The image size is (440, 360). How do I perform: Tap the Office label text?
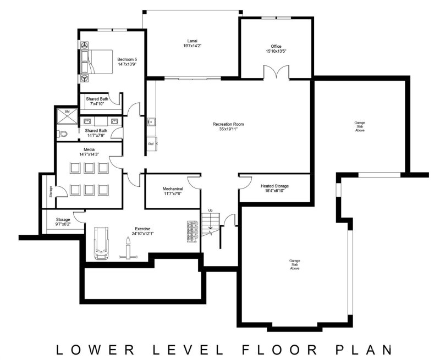tap(276, 46)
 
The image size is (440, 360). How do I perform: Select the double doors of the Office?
tap(276, 73)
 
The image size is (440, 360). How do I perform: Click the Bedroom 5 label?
tap(127, 59)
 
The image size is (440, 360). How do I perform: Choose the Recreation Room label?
tap(228, 124)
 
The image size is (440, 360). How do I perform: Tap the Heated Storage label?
tap(274, 186)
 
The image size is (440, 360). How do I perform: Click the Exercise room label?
tap(142, 228)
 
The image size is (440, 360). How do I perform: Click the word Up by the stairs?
tap(210, 211)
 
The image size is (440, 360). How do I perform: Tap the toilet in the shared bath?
tap(63, 133)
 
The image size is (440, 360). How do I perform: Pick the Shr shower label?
tap(67, 112)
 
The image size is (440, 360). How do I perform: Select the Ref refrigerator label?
tap(150, 144)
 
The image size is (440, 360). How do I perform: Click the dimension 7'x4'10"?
tap(96, 104)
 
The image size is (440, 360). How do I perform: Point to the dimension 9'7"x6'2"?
tap(63, 224)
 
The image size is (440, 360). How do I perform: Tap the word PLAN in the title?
tap(364, 348)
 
